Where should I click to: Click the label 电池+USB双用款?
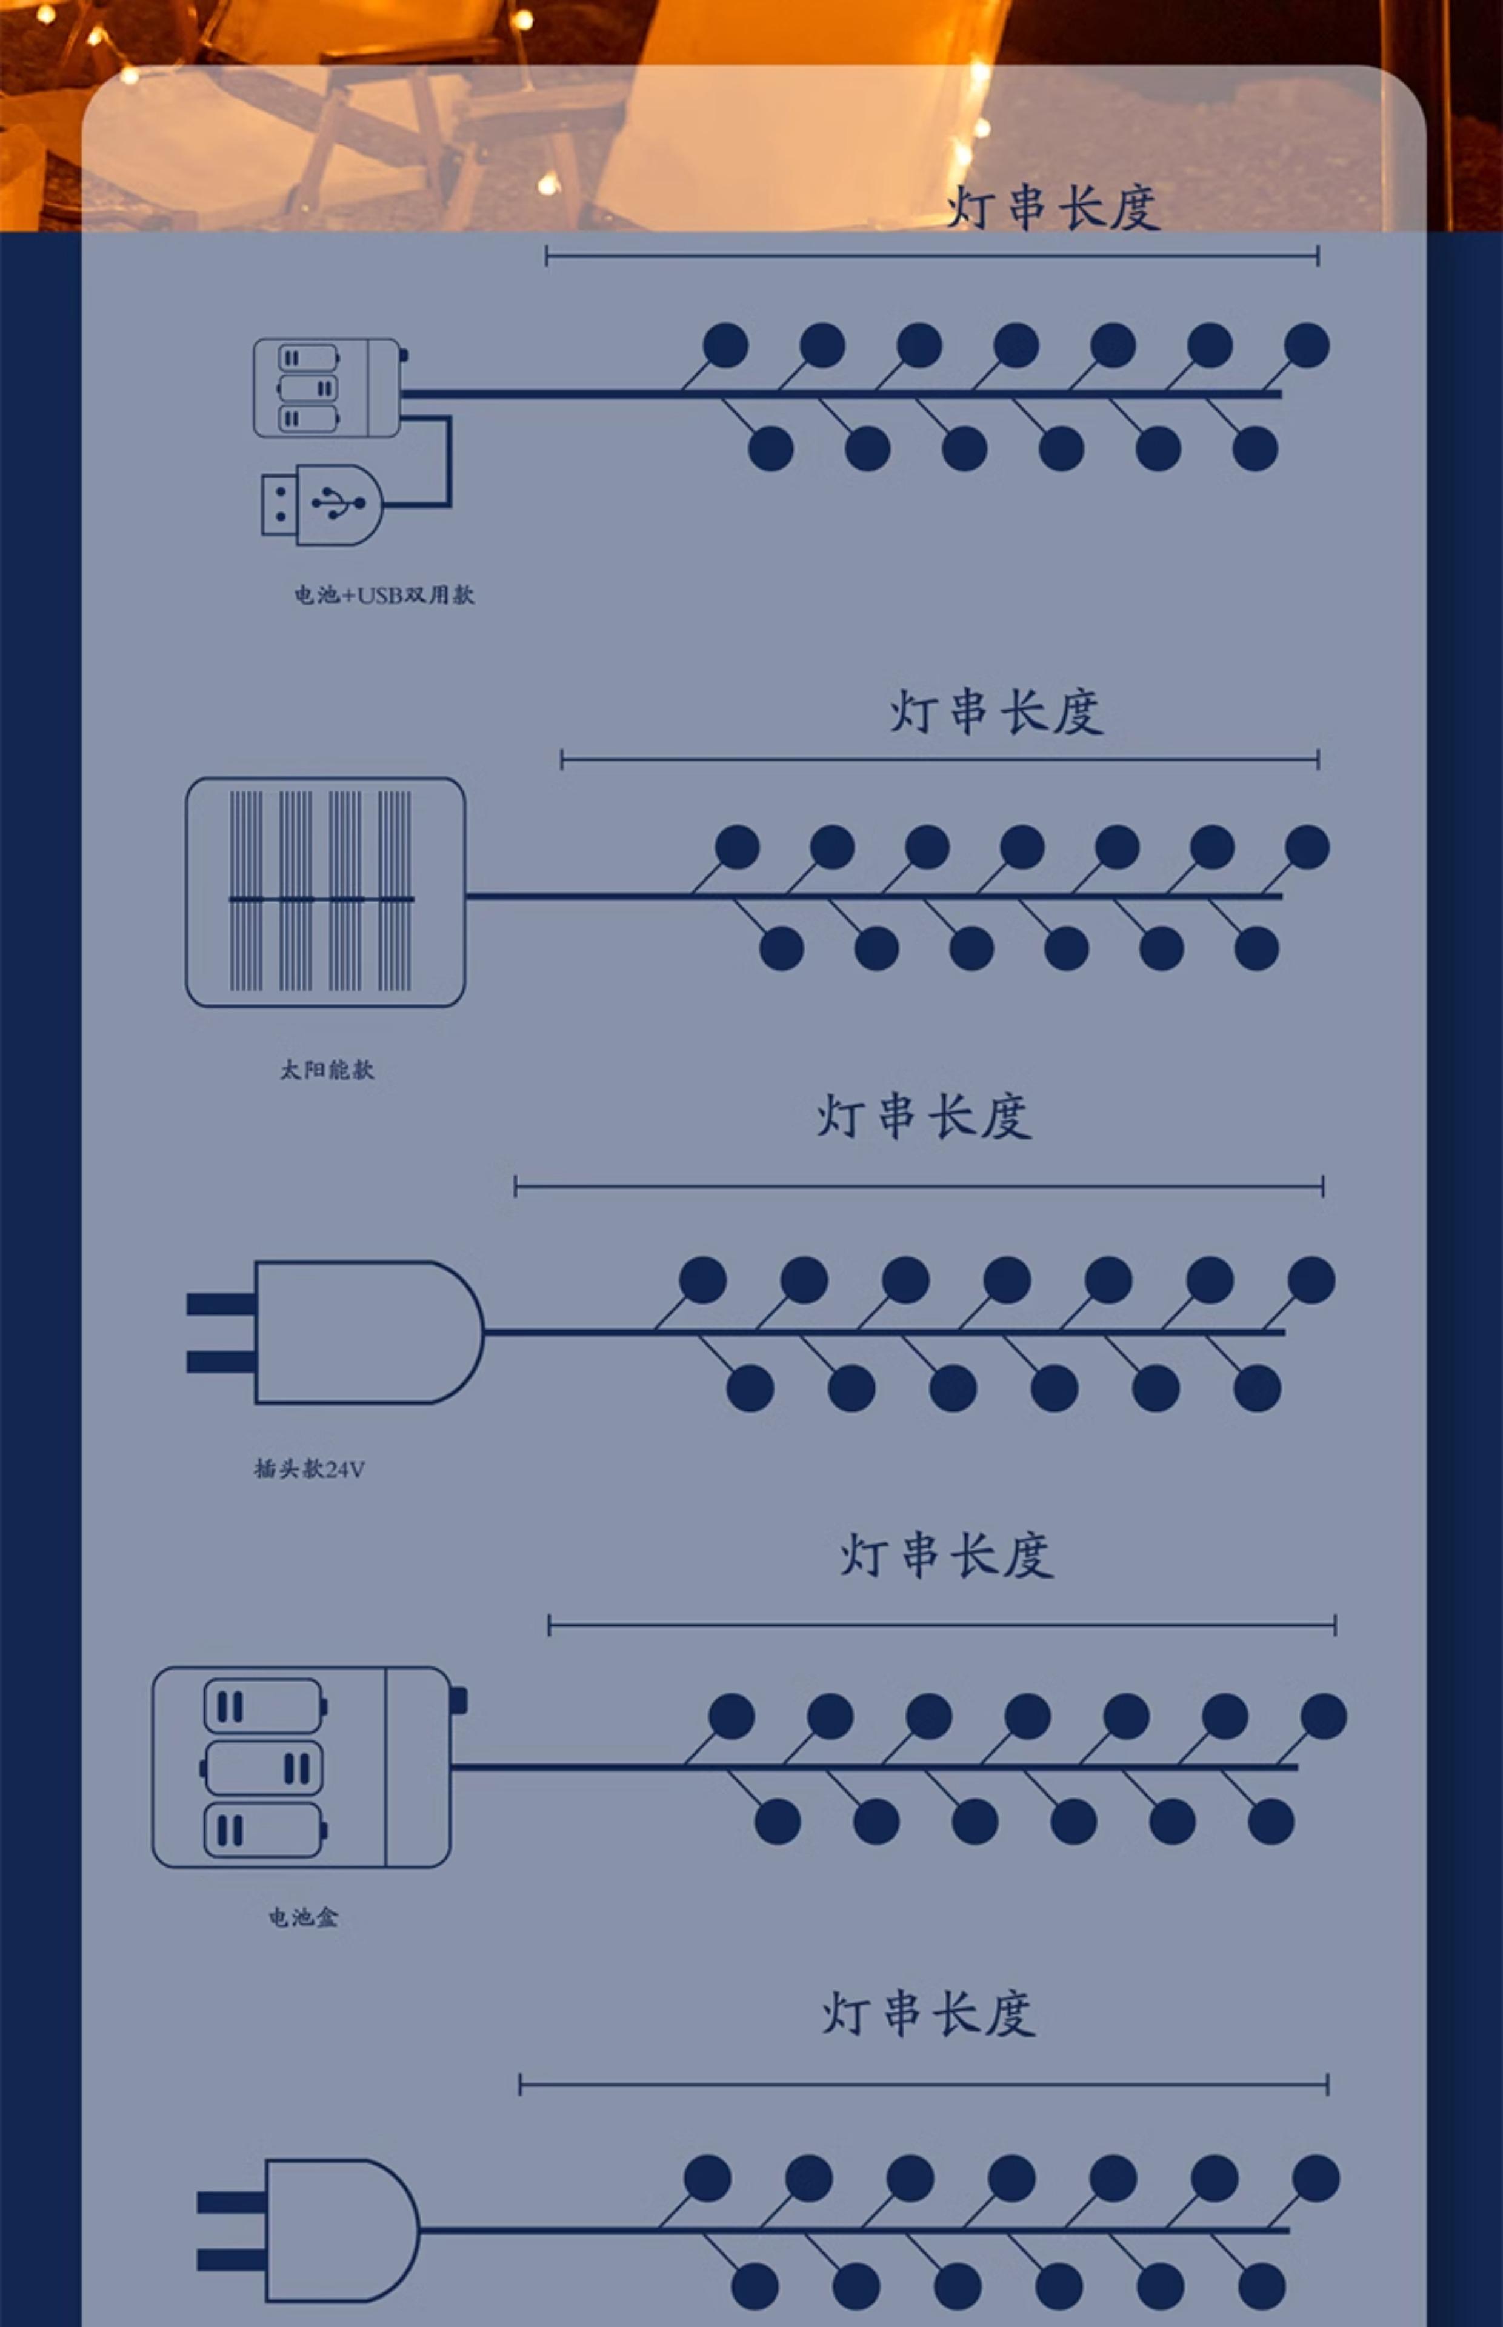pos(384,594)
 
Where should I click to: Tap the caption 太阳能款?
pos(327,1070)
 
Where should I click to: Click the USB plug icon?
pos(322,504)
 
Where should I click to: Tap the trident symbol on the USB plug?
pos(338,502)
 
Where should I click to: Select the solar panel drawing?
pos(325,892)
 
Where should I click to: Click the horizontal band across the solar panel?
pos(321,899)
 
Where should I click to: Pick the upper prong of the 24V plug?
pos(221,1303)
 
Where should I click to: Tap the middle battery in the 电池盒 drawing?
pos(262,1768)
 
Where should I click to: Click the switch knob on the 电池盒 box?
pos(458,1700)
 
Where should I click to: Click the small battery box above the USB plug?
pos(326,387)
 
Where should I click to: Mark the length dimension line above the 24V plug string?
pos(918,1187)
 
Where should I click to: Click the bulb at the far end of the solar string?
pos(1307,847)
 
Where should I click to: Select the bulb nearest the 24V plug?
pos(702,1280)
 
